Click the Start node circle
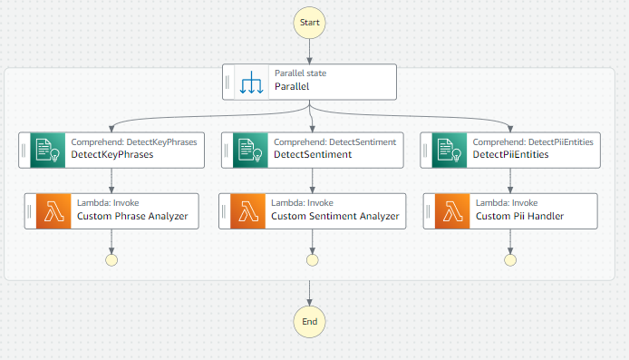coord(310,20)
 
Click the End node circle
coord(310,320)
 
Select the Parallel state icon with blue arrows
coord(251,82)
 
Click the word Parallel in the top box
coord(292,87)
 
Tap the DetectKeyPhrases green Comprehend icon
coord(47,150)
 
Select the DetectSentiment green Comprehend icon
coord(249,150)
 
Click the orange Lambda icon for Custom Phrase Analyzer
coord(53,210)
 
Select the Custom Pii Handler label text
coord(519,216)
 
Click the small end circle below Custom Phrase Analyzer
coord(111,259)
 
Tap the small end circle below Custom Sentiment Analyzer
coord(313,259)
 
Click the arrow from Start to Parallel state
coord(310,50)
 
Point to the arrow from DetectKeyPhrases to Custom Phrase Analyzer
coord(111,180)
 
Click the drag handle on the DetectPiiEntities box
coord(427,150)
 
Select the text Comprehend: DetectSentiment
coord(334,141)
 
